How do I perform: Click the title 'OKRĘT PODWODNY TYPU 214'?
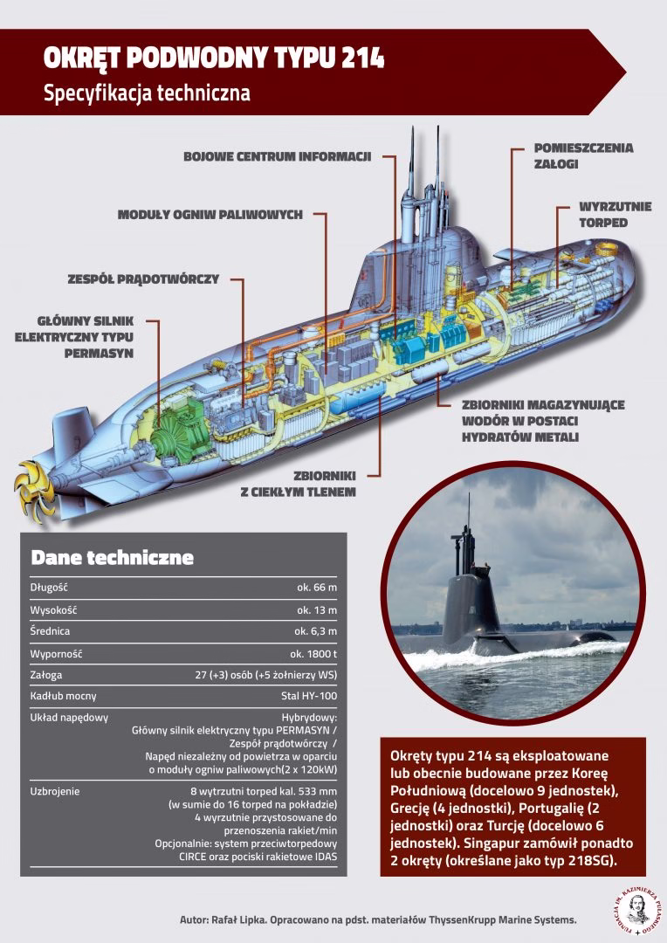(x=214, y=59)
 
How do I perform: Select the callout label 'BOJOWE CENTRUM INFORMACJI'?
(x=277, y=156)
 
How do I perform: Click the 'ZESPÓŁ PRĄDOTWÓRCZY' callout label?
(x=142, y=279)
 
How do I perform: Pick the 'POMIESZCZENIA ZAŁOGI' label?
(x=583, y=155)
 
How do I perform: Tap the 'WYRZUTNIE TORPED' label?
(x=602, y=215)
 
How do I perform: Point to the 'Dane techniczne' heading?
(x=112, y=557)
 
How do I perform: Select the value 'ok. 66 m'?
(x=317, y=588)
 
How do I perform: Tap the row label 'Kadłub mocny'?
(x=63, y=696)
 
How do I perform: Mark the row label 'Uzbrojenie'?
(x=55, y=791)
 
